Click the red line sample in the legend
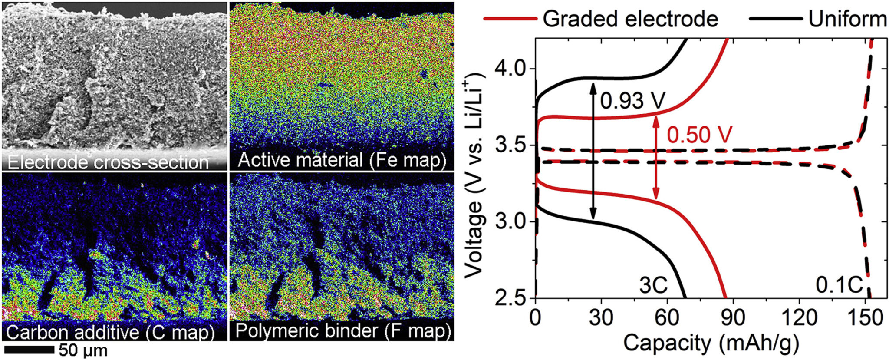click(510, 19)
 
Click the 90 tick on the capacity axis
click(733, 318)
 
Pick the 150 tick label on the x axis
click(865, 318)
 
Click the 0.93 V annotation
click(633, 101)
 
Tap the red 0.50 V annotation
click(699, 135)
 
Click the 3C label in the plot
click(653, 286)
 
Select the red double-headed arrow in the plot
click(656, 159)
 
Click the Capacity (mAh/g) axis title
click(711, 343)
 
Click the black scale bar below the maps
click(29, 350)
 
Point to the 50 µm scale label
click(83, 350)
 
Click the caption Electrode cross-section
click(109, 162)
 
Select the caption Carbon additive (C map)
click(111, 332)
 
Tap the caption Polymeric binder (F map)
click(340, 331)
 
